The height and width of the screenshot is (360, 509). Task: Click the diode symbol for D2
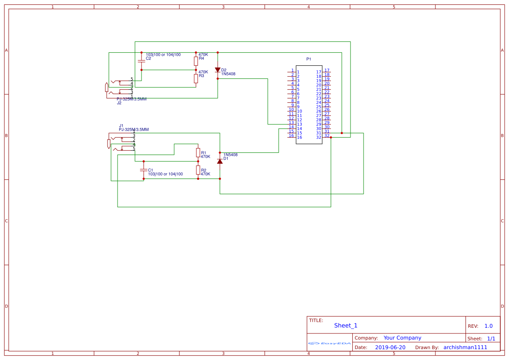(x=218, y=70)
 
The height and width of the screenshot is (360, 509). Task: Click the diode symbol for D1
(x=220, y=161)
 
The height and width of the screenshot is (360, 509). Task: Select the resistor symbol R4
(x=196, y=61)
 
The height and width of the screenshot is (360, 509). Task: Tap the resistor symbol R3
(x=196, y=78)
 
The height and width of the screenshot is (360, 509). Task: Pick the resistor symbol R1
(x=198, y=152)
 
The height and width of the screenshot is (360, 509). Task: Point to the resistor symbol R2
(x=198, y=170)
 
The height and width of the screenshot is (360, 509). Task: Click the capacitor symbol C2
(x=142, y=61)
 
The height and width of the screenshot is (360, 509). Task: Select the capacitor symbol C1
(x=144, y=170)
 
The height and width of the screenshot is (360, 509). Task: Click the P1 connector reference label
(x=309, y=59)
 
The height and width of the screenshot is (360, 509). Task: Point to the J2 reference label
(x=119, y=103)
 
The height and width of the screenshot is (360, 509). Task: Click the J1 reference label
(x=121, y=125)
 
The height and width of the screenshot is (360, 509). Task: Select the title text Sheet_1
(x=346, y=326)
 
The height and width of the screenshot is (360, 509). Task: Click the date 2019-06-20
(x=390, y=347)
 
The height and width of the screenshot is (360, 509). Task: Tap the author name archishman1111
(x=465, y=347)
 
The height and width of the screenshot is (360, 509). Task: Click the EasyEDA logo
(x=329, y=343)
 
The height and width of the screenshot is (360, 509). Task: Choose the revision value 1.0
(x=489, y=326)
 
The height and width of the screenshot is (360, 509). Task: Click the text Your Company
(x=402, y=338)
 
